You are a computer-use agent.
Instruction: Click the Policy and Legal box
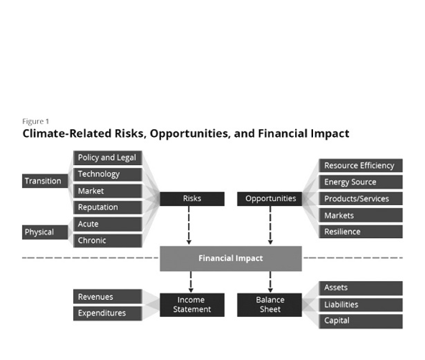click(x=108, y=158)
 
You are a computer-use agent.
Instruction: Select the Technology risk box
click(x=108, y=174)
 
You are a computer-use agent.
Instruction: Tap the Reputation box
click(x=108, y=207)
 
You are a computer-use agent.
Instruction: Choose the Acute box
click(x=108, y=224)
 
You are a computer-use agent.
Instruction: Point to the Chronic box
click(x=108, y=241)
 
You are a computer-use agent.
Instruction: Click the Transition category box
click(x=45, y=181)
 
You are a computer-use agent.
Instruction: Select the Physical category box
click(x=45, y=232)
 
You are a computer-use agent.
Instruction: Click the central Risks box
click(x=192, y=199)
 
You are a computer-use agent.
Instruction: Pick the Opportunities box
click(x=269, y=199)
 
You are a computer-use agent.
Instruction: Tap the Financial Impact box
click(x=230, y=258)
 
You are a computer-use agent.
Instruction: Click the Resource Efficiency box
click(x=361, y=166)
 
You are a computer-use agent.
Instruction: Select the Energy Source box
click(x=361, y=182)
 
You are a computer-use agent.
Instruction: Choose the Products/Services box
click(x=361, y=199)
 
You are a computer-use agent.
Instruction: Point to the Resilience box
click(x=361, y=232)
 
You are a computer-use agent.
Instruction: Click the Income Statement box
click(x=192, y=305)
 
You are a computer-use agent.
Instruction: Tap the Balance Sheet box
click(x=269, y=305)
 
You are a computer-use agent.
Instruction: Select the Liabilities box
click(x=361, y=305)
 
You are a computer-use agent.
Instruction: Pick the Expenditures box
click(x=108, y=313)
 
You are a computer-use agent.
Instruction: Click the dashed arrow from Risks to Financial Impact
click(x=189, y=225)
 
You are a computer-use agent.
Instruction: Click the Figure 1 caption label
click(x=35, y=121)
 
